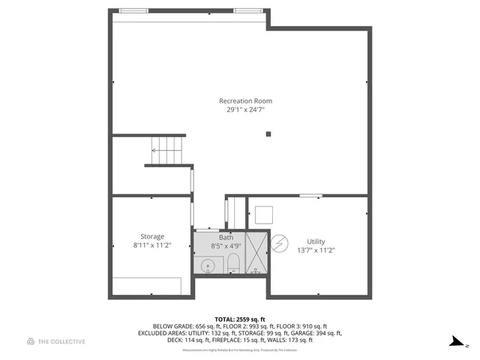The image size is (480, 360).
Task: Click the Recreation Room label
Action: point(245,101)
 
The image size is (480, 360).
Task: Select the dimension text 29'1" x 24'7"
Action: point(245,110)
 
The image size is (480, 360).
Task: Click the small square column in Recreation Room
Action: point(268,135)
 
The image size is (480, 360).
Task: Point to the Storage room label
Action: point(152,237)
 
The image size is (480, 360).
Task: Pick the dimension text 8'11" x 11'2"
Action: point(152,245)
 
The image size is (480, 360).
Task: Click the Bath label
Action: point(226,237)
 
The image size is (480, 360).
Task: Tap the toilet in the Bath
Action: point(232,263)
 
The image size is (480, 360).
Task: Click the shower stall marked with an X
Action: point(256,253)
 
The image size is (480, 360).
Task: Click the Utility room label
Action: point(316,241)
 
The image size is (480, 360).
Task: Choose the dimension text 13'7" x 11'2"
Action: point(316,250)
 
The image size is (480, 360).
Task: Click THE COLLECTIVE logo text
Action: point(61,342)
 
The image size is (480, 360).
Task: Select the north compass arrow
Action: point(454,342)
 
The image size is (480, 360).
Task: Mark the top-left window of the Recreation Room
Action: point(133,11)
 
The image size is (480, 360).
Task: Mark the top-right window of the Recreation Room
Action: point(247,11)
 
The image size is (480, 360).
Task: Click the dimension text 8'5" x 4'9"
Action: point(226,245)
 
